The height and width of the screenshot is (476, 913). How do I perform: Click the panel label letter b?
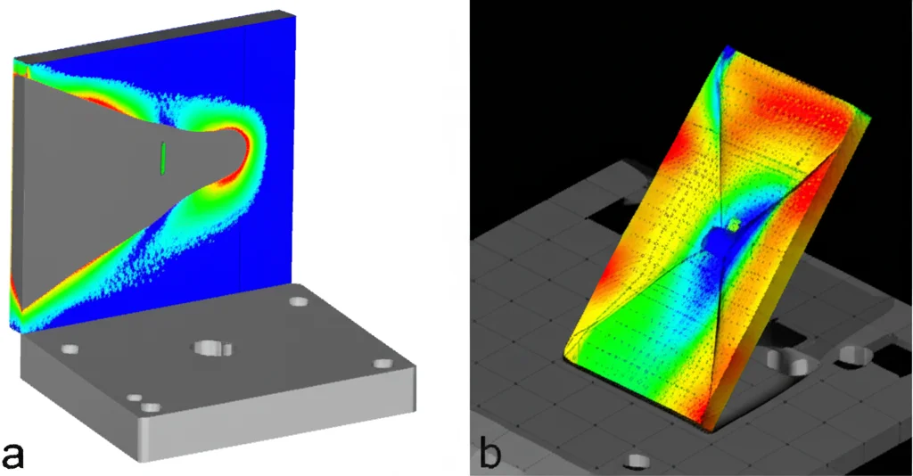pyautogui.click(x=489, y=455)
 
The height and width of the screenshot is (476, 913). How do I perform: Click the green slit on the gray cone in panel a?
pyautogui.click(x=163, y=157)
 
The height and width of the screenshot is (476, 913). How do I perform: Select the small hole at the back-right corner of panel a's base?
pyautogui.click(x=298, y=301)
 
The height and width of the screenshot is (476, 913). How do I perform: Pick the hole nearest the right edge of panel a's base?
pyautogui.click(x=383, y=363)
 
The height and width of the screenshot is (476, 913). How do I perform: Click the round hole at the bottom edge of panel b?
pyautogui.click(x=637, y=461)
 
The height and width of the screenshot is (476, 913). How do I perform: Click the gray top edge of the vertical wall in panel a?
pyautogui.click(x=152, y=36)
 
